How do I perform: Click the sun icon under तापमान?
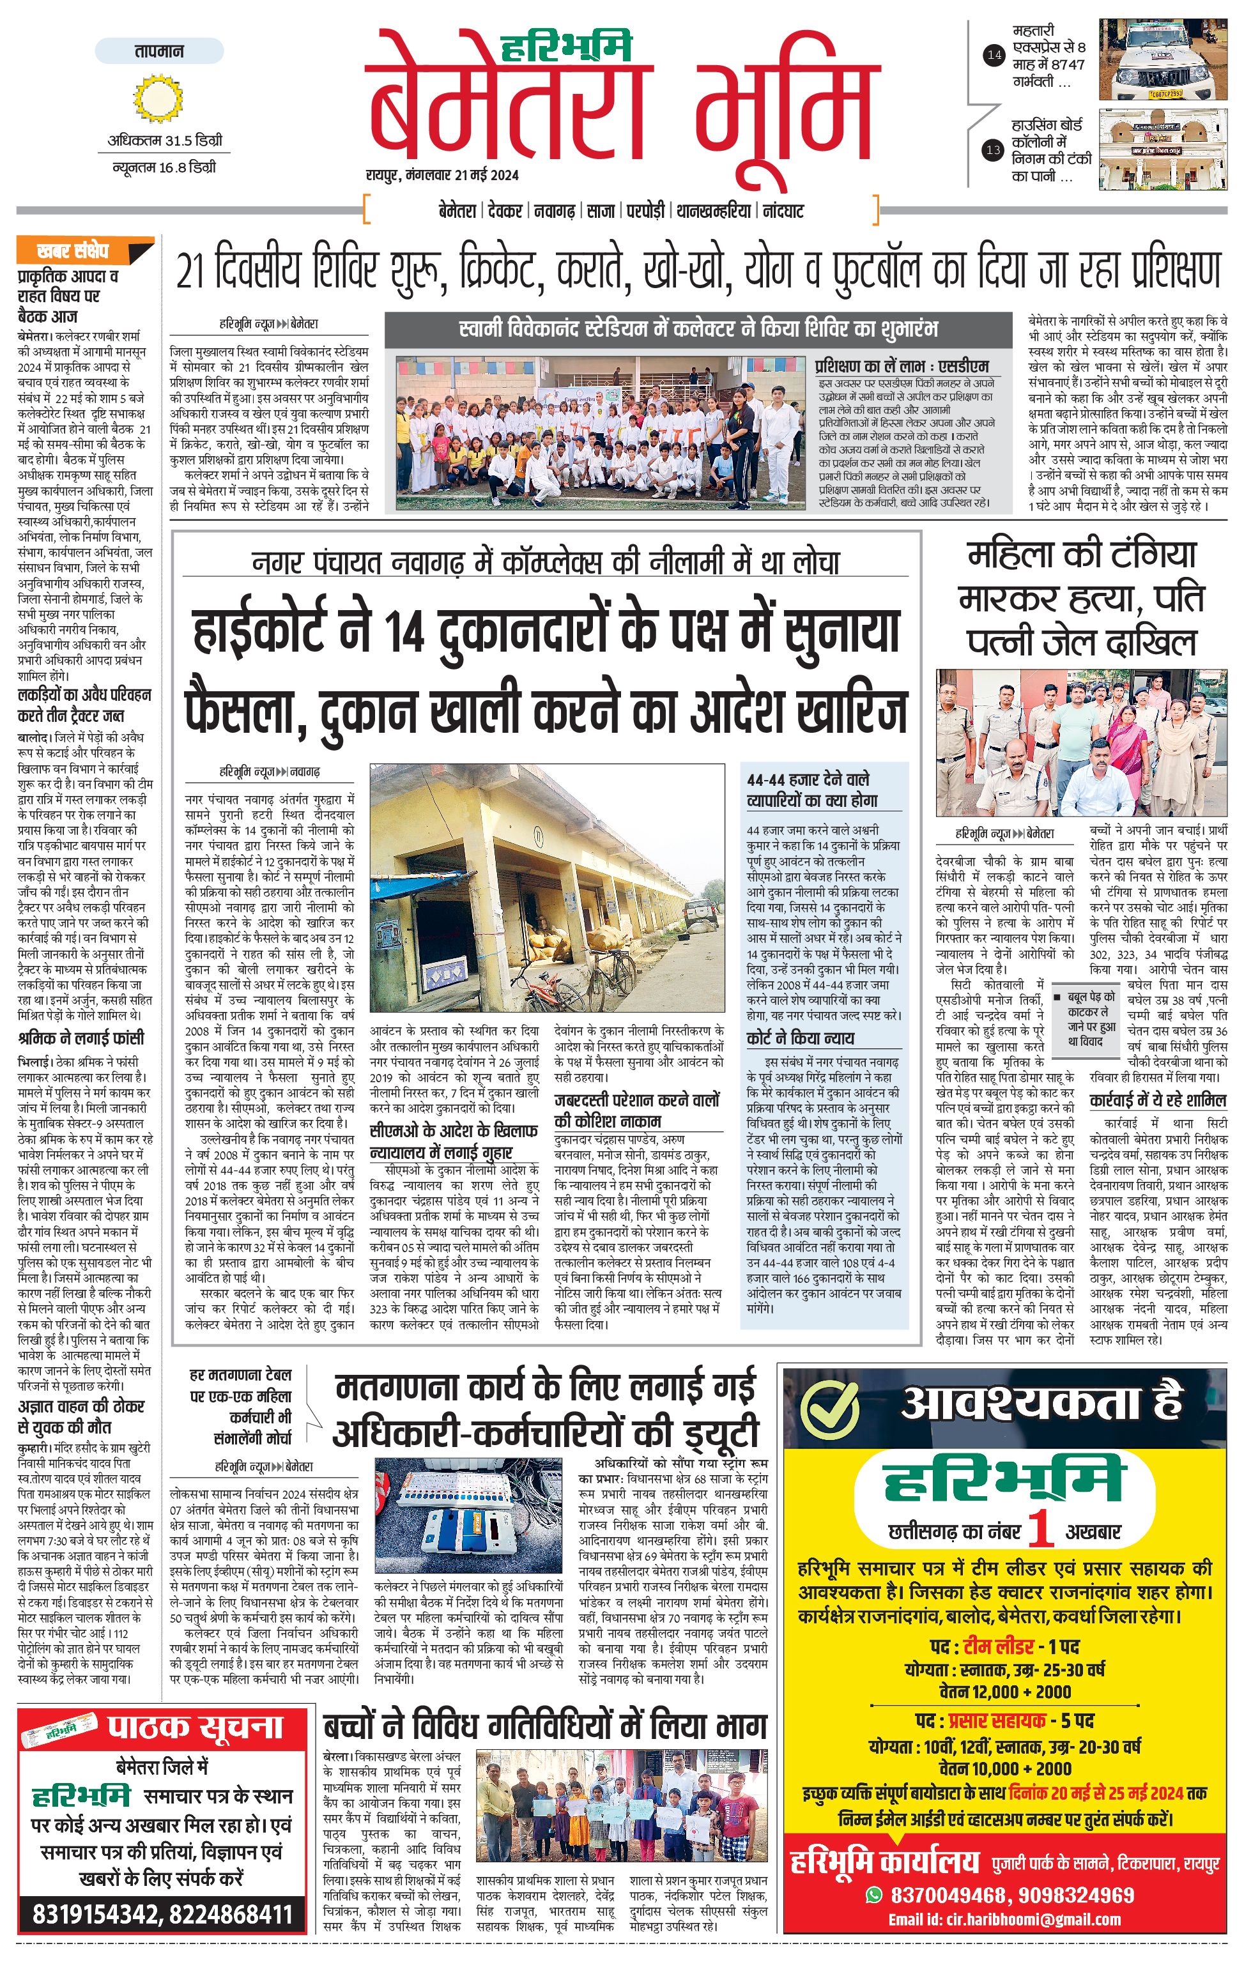[153, 98]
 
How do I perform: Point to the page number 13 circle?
[994, 150]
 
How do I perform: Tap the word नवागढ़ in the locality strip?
[554, 211]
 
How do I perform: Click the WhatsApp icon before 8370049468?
[875, 1895]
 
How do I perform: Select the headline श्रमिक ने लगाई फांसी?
[81, 1038]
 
